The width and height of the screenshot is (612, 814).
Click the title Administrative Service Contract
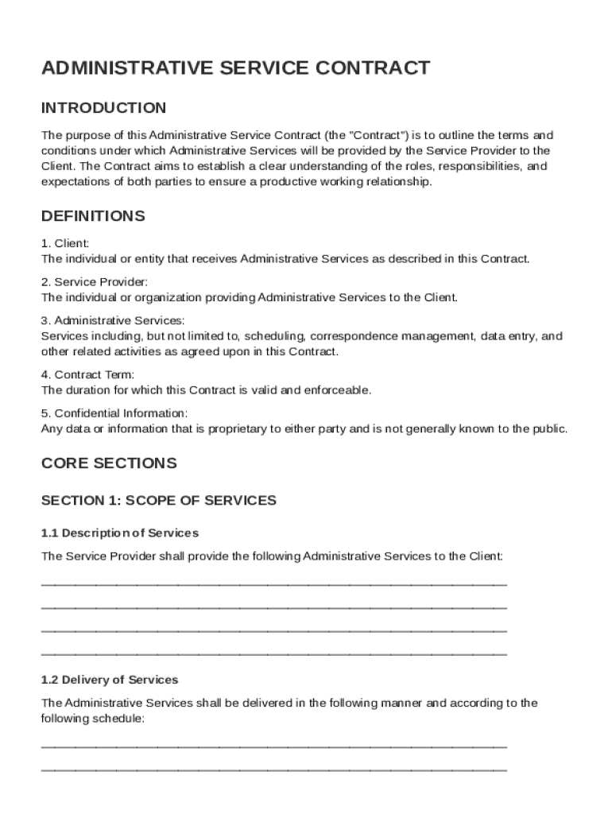tap(235, 68)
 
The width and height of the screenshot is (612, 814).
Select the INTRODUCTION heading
tap(103, 108)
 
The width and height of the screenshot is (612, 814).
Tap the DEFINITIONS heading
tap(93, 216)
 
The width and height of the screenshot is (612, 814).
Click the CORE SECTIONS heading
tap(109, 463)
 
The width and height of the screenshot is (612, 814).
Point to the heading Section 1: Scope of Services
tap(158, 501)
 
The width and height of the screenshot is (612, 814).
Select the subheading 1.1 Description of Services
tap(119, 533)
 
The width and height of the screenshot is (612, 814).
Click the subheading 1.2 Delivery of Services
tap(110, 680)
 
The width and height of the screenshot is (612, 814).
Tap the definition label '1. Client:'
tap(65, 243)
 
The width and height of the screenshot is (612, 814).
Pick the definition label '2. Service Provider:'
tap(94, 282)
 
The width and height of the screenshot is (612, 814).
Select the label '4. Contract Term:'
tap(87, 374)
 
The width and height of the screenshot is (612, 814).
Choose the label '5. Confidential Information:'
tap(114, 413)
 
